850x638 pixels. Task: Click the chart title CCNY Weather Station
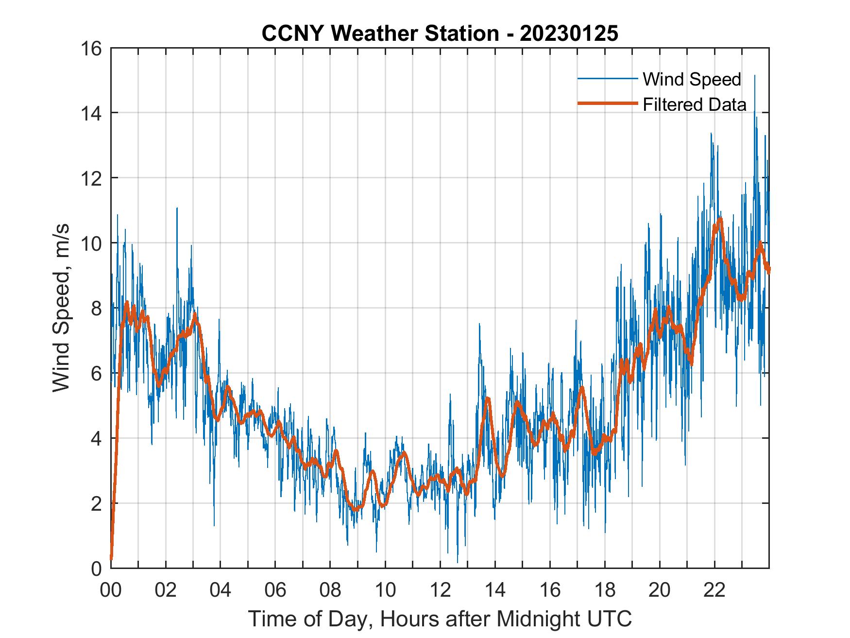point(380,34)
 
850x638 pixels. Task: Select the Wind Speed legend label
point(692,79)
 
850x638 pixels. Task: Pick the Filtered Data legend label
point(694,104)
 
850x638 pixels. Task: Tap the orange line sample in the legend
point(607,103)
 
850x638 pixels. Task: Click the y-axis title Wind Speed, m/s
point(61,308)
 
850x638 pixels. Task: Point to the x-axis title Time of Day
point(440,619)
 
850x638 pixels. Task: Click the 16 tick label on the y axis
point(92,49)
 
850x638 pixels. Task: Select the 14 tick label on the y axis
point(92,113)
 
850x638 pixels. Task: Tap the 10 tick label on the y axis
point(92,243)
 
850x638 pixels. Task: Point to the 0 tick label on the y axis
point(96,568)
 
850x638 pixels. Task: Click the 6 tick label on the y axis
point(96,373)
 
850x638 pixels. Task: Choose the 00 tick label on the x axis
point(111,590)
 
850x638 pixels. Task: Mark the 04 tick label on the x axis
point(221,590)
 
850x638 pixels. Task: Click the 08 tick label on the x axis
point(330,590)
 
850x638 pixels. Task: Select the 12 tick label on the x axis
point(440,590)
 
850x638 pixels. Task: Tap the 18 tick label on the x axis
point(605,590)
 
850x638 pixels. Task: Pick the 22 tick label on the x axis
point(714,590)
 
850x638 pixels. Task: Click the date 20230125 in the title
point(569,34)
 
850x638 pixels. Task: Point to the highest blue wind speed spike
point(754,76)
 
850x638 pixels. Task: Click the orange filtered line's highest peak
point(720,219)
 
